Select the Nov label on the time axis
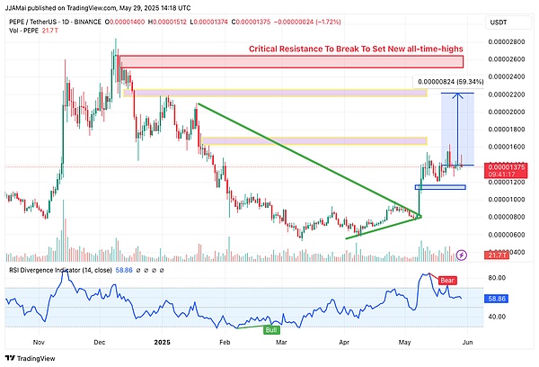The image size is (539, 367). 40,342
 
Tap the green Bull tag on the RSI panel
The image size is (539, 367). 269,330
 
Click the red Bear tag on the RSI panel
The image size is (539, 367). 446,281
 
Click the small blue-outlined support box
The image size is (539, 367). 440,187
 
